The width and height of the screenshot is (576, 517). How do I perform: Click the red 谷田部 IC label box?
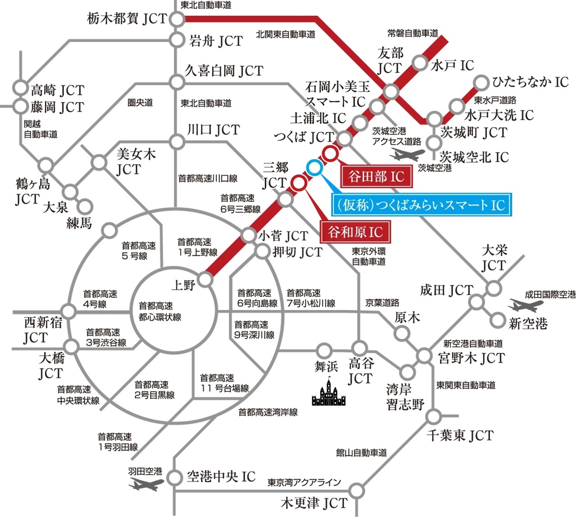pos(376,176)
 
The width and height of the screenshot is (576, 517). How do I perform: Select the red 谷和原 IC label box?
pos(355,232)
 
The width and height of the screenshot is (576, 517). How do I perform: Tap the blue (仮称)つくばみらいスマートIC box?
pos(421,205)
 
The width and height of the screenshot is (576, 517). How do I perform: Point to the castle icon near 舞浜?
pos(329,392)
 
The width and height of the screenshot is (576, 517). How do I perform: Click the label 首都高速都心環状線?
pos(160,311)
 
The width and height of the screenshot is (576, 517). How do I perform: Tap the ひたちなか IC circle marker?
pos(481,83)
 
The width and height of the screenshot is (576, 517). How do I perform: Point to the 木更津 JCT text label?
pos(314,503)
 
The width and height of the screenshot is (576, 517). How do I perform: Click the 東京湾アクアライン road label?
pos(304,482)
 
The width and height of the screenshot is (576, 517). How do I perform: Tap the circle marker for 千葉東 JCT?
pos(433,416)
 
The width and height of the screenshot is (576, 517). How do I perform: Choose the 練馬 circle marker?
pos(85,207)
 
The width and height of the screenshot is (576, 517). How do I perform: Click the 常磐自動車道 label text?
pos(413,33)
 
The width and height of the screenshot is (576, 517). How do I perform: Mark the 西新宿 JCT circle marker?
pos(69,311)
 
